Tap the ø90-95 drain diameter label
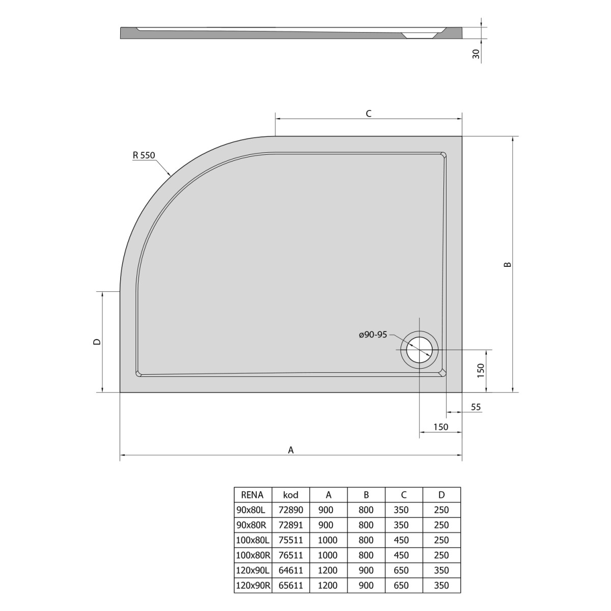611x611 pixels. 373,335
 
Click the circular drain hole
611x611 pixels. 419,350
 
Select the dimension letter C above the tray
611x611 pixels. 369,114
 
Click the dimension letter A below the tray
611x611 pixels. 291,450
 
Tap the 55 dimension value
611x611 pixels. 476,407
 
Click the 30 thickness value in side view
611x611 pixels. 476,54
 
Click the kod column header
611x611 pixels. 290,494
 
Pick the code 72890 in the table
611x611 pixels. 290,510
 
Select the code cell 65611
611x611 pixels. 290,586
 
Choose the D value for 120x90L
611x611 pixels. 441,570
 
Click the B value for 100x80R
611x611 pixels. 366,556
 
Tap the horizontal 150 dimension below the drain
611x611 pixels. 440,427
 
